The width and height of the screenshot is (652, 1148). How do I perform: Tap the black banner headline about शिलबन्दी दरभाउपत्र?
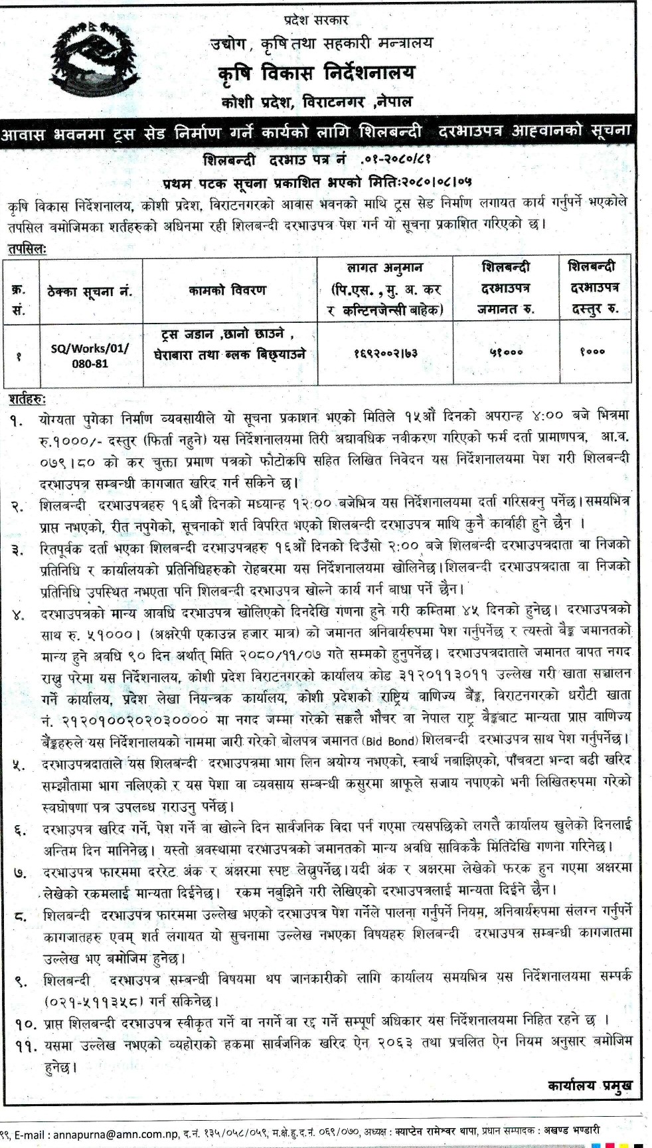(x=325, y=131)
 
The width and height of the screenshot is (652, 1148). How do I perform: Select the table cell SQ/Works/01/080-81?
(x=91, y=356)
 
